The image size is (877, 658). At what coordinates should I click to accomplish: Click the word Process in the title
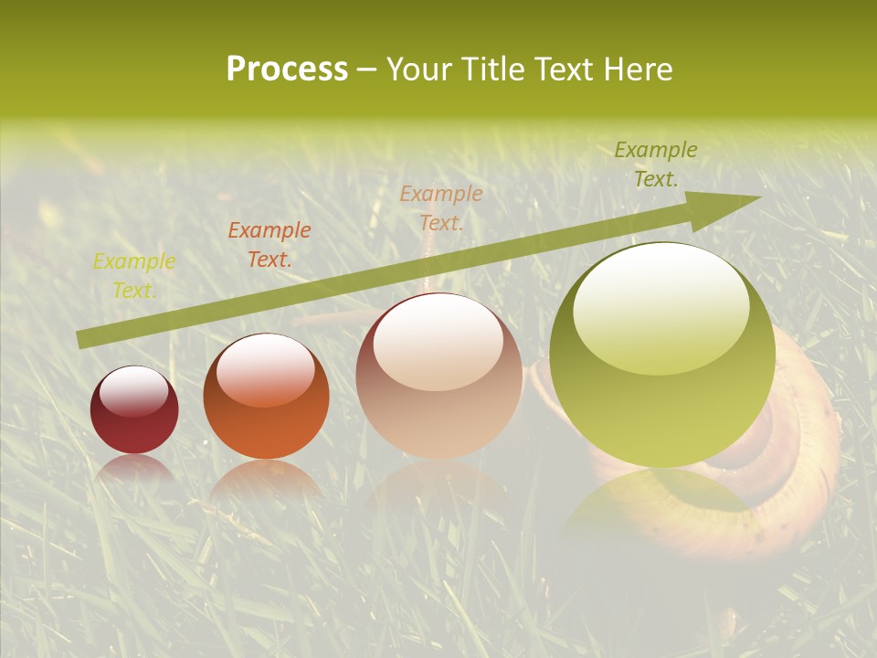point(287,69)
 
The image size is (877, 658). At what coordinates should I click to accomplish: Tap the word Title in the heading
point(491,69)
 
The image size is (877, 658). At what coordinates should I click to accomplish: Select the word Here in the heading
point(637,69)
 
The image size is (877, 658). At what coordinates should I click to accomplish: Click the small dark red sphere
point(134,410)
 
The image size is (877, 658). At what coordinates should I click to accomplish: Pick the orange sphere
point(266,398)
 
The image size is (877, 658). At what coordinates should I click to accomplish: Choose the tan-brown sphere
point(438,377)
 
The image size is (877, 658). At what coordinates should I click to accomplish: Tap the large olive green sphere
point(662,356)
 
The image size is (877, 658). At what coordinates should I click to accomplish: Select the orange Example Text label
point(269,245)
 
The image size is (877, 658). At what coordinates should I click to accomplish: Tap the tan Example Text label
point(441,208)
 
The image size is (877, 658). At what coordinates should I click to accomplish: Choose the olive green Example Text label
point(656,164)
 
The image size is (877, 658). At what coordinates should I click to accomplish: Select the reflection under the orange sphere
point(266,480)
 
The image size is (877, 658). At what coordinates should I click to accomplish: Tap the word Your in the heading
point(418,69)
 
